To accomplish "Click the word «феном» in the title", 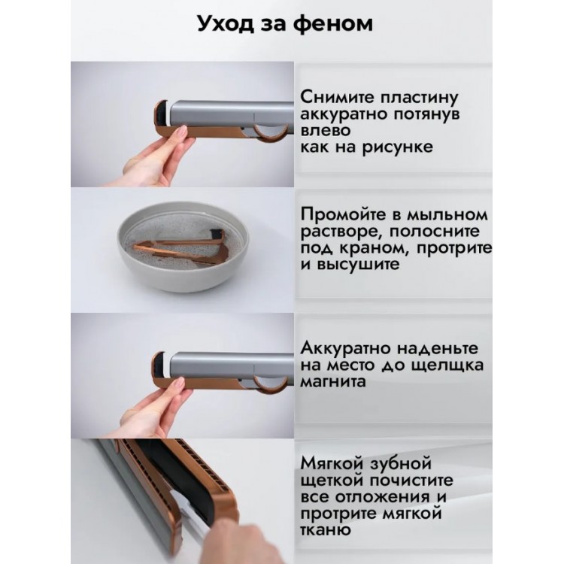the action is (x=332, y=24).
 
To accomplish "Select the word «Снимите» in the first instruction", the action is (x=337, y=97).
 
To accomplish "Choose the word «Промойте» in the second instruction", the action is (x=344, y=215).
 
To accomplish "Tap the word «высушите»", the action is (x=358, y=265).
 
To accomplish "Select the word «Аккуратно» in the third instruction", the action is (x=345, y=348).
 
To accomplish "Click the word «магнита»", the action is (x=333, y=381).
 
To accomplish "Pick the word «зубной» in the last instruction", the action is (x=399, y=463).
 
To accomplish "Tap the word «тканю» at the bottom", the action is (x=325, y=530).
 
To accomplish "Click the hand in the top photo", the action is (x=157, y=159).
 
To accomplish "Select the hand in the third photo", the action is (x=156, y=410).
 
